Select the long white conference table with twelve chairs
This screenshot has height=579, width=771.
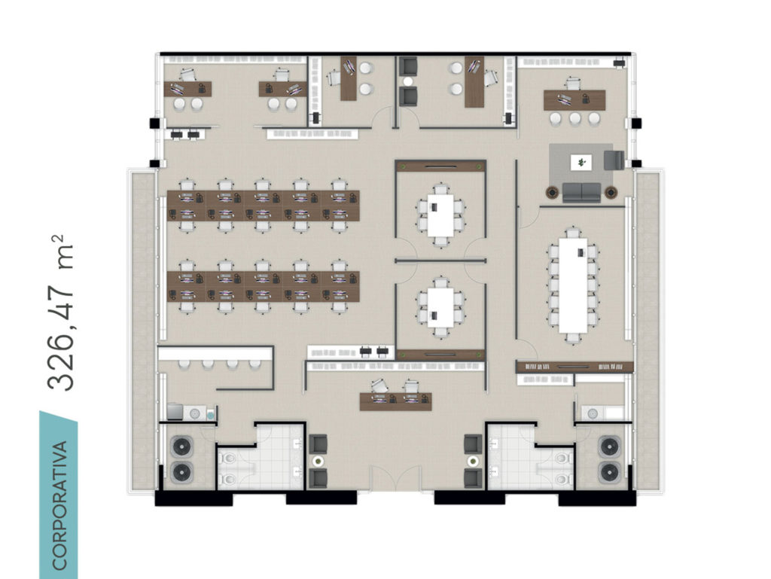pos(573,285)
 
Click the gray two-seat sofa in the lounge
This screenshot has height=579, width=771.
pos(582,193)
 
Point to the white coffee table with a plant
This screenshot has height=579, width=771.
pos(582,162)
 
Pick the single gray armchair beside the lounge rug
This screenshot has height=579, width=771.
pos(614,160)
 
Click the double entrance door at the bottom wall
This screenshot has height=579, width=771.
pos(395,478)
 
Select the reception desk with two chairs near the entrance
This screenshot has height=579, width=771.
pos(395,401)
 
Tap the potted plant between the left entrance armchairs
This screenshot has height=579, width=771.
pos(318,462)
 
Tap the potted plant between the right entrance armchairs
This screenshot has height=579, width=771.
pos(473,462)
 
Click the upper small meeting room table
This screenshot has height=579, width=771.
pos(440,215)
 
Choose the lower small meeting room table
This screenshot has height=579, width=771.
pos(440,308)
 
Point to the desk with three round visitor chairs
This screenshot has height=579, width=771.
pos(574,100)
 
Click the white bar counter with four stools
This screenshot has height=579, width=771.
pos(215,353)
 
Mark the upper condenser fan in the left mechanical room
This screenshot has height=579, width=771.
pos(182,446)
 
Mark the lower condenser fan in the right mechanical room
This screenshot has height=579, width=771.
pos(608,472)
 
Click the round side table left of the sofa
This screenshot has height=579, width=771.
pos(552,192)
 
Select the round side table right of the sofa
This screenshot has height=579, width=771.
pos(611,192)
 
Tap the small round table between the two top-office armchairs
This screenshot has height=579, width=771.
pos(407,81)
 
